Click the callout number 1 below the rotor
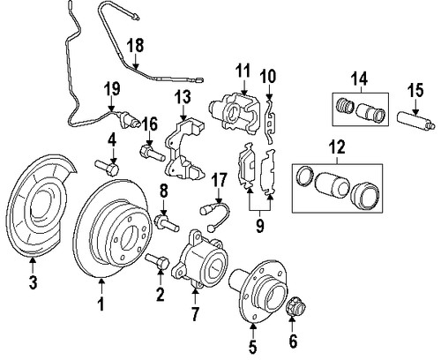pos(101,305)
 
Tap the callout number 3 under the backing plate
pos(34,283)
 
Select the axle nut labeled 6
pos(295,309)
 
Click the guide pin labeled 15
pos(410,116)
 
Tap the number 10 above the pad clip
pos(268,76)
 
